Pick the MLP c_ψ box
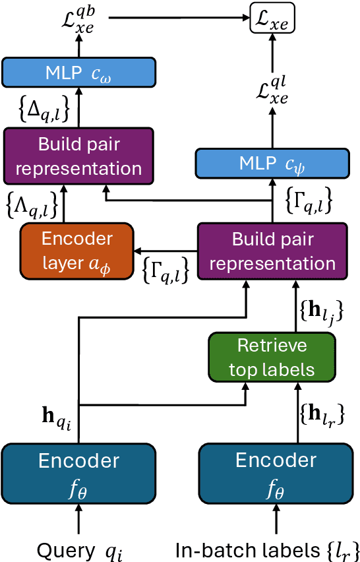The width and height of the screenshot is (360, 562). click(x=272, y=162)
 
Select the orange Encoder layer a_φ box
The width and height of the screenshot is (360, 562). click(x=77, y=251)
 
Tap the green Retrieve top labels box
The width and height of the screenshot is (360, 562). click(x=272, y=358)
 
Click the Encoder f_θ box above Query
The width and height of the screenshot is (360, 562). click(x=78, y=472)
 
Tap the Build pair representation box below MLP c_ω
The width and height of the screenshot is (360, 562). click(x=78, y=156)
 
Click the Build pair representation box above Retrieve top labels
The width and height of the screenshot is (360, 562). click(x=272, y=251)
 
